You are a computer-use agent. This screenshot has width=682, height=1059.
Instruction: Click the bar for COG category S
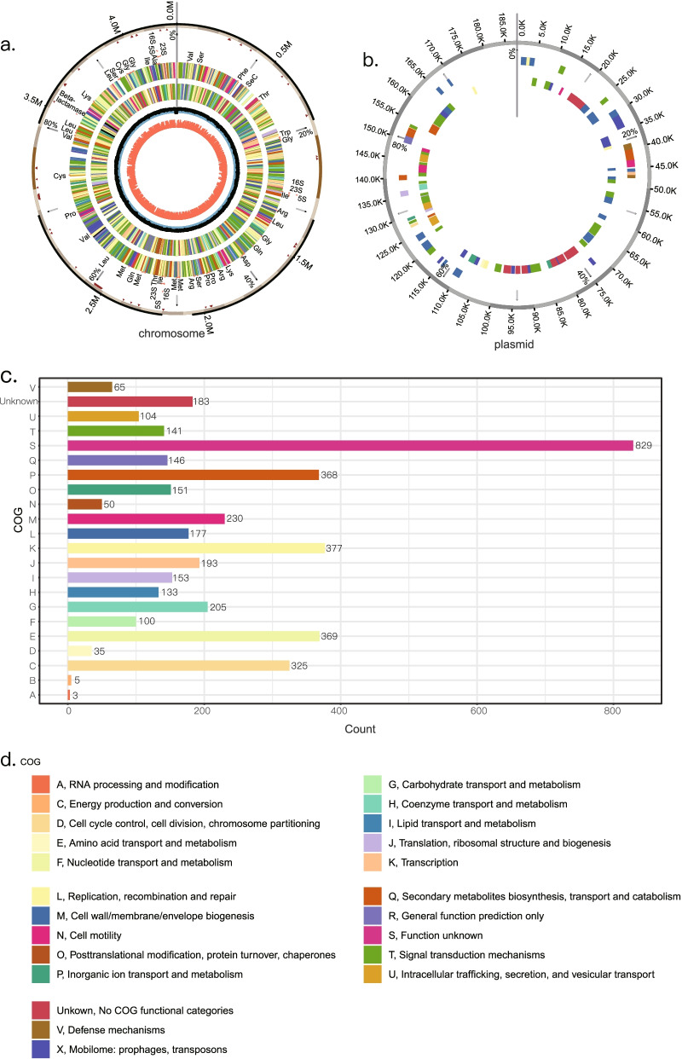(x=350, y=444)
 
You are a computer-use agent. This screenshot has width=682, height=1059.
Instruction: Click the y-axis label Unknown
(x=42, y=401)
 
